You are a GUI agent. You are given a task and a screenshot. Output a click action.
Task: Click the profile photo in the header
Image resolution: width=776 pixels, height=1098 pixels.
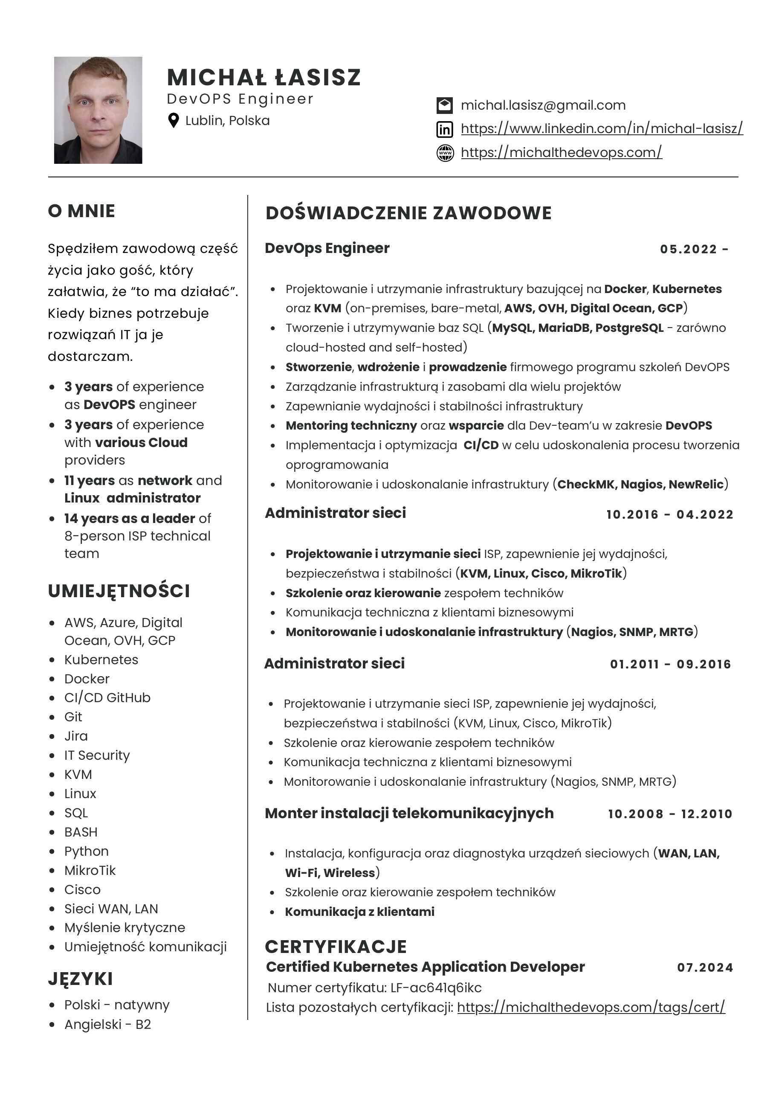click(x=98, y=110)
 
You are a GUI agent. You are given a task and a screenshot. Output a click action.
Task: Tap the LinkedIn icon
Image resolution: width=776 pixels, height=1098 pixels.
click(x=445, y=129)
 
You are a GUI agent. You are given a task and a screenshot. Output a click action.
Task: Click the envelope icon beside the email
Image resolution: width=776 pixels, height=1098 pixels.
click(x=445, y=105)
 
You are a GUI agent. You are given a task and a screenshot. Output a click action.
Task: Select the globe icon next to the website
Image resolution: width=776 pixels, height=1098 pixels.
click(x=445, y=153)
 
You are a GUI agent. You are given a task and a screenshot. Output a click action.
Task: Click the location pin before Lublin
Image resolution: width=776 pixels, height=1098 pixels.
click(x=174, y=121)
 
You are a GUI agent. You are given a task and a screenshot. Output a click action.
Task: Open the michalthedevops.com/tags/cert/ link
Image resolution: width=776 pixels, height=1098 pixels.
click(x=591, y=1007)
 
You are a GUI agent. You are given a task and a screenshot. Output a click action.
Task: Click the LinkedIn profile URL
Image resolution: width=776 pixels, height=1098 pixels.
click(x=602, y=128)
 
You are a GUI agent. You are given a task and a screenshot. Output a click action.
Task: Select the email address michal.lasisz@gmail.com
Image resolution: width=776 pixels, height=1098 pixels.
click(x=543, y=105)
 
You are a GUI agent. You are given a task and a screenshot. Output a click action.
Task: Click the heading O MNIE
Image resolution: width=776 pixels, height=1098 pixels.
click(x=81, y=211)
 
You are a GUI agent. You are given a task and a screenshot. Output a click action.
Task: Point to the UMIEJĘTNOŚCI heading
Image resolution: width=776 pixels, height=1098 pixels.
click(x=119, y=591)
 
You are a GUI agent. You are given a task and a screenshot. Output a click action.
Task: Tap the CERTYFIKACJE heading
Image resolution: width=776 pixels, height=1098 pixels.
click(x=336, y=947)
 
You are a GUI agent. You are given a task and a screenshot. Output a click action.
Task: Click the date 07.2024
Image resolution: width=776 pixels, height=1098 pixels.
click(x=705, y=967)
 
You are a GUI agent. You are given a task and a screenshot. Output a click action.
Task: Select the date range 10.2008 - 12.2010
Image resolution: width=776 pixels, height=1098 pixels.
click(x=670, y=813)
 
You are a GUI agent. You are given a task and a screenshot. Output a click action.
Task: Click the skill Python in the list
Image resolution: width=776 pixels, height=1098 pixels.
click(x=87, y=851)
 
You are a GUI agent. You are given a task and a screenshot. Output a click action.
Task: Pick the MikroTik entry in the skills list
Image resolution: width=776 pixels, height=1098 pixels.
click(x=90, y=870)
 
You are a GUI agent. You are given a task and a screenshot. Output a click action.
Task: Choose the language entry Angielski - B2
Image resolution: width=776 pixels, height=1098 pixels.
click(x=107, y=1024)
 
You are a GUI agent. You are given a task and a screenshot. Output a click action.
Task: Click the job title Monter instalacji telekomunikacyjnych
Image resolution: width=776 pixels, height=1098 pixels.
click(x=409, y=813)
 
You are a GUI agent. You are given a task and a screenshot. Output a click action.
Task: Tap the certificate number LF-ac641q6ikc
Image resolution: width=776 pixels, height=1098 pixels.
click(x=436, y=988)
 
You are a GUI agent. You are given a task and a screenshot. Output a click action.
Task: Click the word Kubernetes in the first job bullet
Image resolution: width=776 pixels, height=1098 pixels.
click(x=686, y=289)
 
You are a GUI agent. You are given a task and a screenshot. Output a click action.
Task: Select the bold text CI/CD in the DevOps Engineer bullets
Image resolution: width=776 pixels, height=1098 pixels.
click(x=481, y=445)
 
